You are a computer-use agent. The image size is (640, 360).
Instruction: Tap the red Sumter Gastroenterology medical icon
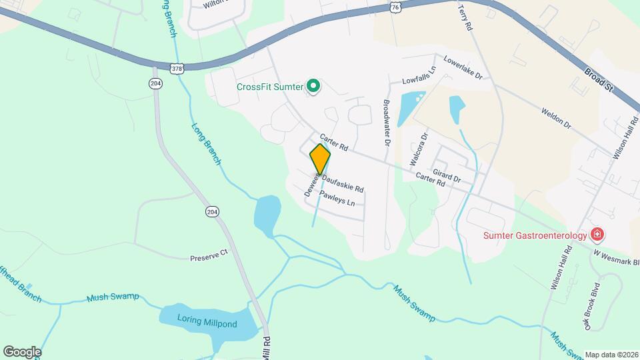pos(598,235)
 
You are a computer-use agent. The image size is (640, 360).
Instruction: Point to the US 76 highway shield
pos(396,6)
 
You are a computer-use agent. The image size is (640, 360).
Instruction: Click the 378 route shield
pos(176,68)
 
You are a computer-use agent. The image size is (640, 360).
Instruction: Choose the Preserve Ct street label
pos(209,255)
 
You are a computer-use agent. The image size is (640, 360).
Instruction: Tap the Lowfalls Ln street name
pos(419,75)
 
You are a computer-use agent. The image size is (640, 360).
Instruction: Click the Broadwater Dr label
pos(386,123)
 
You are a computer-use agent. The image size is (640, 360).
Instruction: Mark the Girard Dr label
pos(447,175)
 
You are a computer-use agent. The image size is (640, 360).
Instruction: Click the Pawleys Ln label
pos(341,197)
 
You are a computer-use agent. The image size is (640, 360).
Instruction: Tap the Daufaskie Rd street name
pos(343,183)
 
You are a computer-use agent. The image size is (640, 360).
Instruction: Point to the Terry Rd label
pos(465,19)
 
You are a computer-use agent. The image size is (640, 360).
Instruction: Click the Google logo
pos(22,351)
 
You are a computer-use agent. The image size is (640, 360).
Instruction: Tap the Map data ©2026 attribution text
pos(611,355)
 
